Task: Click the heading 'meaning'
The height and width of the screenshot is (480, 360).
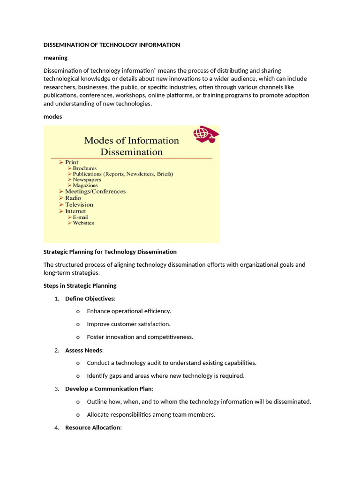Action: click(x=55, y=58)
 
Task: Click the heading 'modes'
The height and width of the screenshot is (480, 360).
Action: click(x=52, y=117)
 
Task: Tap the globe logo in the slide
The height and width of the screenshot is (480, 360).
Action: click(x=206, y=134)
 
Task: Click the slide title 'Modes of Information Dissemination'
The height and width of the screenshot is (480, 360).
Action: click(x=131, y=146)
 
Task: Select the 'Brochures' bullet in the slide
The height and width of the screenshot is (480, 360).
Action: click(x=84, y=168)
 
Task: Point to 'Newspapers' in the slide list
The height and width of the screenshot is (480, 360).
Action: click(x=87, y=180)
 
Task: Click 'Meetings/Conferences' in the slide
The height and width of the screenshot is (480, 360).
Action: click(x=95, y=191)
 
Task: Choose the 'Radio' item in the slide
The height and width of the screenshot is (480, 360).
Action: click(x=73, y=198)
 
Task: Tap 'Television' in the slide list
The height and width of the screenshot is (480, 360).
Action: click(x=79, y=204)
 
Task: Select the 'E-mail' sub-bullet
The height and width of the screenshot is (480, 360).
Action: click(x=80, y=217)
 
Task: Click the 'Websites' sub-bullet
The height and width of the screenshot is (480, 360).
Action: click(x=83, y=223)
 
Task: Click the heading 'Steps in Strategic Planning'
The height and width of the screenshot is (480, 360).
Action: click(x=80, y=285)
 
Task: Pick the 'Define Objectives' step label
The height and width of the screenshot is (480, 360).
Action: click(x=89, y=299)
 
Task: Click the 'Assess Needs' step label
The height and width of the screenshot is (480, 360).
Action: click(x=83, y=350)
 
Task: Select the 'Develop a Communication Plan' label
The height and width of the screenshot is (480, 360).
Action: click(x=108, y=389)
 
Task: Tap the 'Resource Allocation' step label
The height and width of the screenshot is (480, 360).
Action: click(x=92, y=427)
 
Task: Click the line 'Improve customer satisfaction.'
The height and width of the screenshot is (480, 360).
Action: click(x=128, y=324)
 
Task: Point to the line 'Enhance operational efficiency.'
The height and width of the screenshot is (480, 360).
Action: click(x=129, y=311)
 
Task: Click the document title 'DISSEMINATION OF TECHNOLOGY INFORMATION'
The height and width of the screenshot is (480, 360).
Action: click(x=112, y=45)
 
